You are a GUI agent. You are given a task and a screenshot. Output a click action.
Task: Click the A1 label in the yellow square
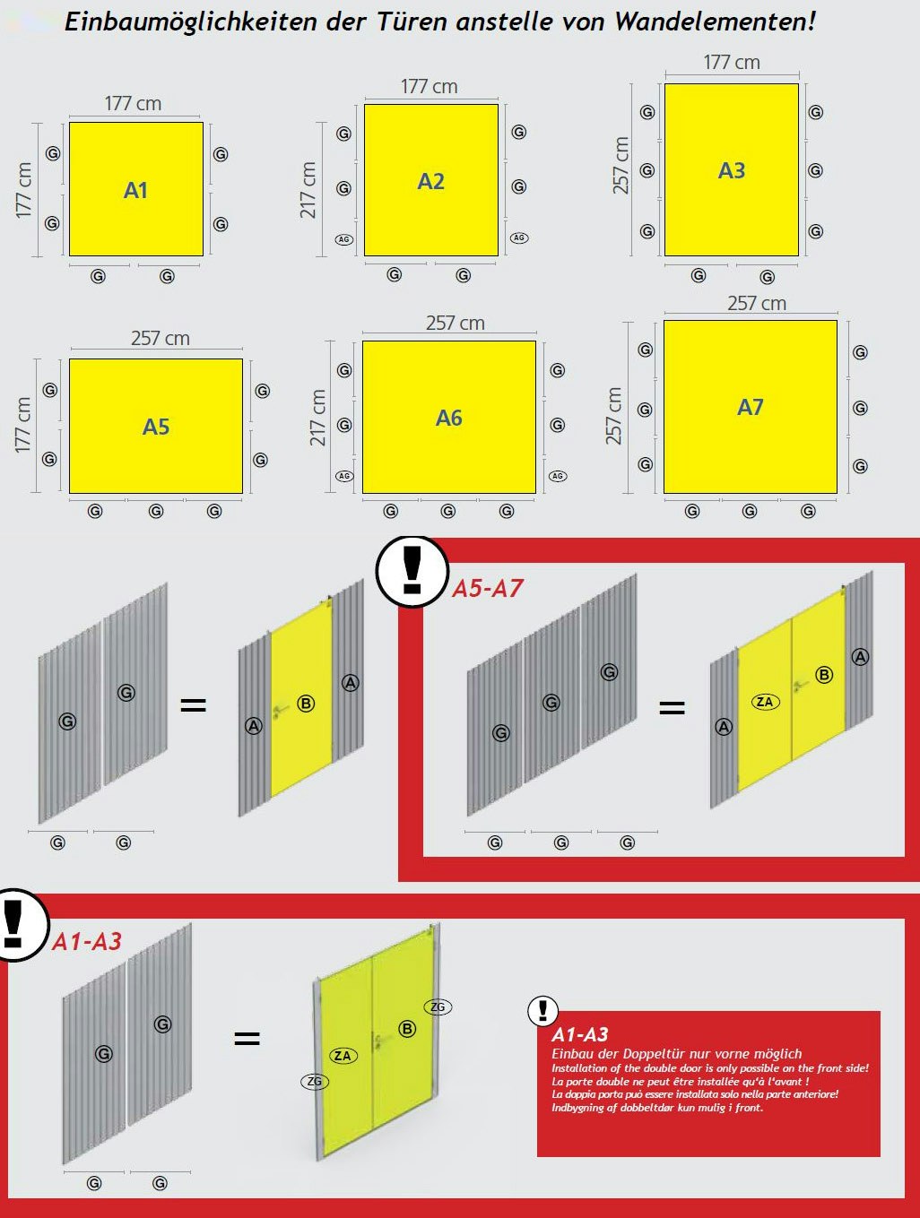[x=135, y=190]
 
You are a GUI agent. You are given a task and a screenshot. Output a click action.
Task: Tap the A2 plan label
[x=430, y=181]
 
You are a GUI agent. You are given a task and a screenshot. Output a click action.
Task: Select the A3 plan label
[x=732, y=170]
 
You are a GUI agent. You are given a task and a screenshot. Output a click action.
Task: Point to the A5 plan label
[x=156, y=427]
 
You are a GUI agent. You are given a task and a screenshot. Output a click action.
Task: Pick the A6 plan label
[x=449, y=418]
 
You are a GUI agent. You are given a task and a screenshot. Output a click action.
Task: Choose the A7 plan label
[x=751, y=407]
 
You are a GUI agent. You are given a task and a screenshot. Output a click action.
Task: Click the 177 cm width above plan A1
[x=134, y=104]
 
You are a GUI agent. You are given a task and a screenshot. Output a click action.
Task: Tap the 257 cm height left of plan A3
[x=621, y=166]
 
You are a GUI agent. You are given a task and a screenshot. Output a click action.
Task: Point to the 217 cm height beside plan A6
[x=317, y=418]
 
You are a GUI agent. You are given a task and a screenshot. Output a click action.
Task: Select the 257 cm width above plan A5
[x=161, y=339]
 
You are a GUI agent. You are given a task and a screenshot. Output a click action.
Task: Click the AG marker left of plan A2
[x=344, y=239]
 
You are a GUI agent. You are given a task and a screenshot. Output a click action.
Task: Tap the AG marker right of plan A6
[x=558, y=476]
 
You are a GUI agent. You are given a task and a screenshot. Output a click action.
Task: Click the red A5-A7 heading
[x=488, y=588]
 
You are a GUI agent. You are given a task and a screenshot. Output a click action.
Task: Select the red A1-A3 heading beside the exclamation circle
[x=87, y=942]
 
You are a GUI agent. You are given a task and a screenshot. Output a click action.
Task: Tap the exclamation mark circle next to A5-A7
[x=412, y=572]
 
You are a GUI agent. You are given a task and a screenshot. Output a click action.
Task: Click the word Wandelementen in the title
[x=716, y=22]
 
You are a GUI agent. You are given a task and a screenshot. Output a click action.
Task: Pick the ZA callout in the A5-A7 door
[x=765, y=702]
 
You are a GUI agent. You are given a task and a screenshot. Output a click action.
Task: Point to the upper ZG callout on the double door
[x=438, y=1006]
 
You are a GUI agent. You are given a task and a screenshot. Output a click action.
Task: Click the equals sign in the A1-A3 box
[x=247, y=1038]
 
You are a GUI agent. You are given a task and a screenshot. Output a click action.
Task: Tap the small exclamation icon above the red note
[x=543, y=1010]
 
